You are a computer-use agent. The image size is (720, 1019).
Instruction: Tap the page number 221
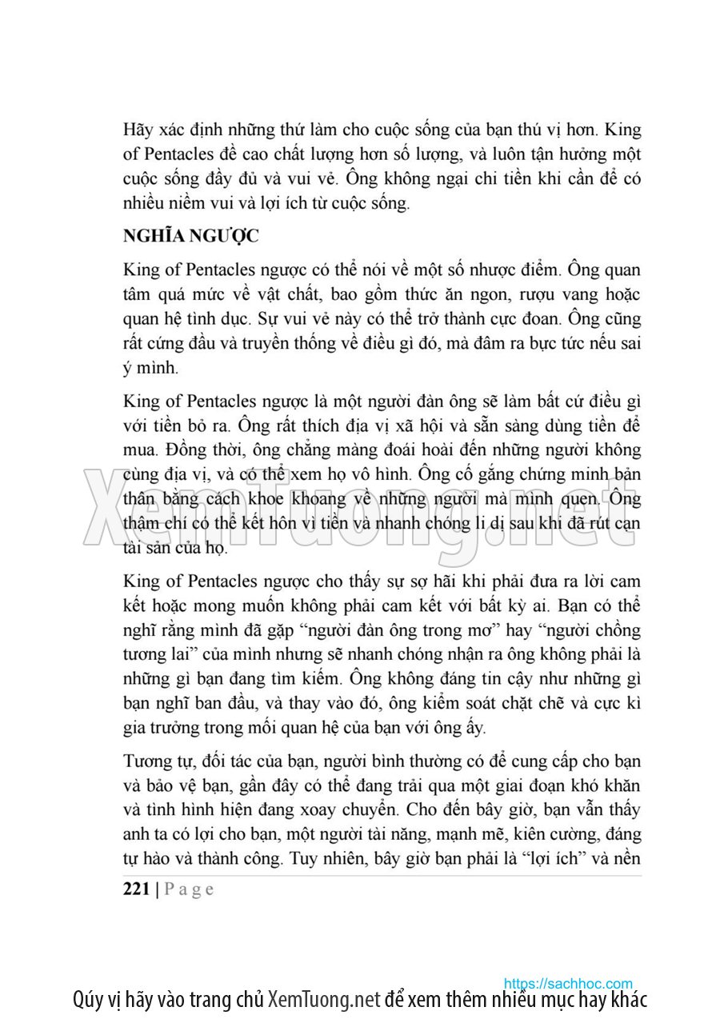136,889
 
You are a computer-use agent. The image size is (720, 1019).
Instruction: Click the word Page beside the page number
189,889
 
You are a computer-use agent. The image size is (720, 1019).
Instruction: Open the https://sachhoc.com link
568,983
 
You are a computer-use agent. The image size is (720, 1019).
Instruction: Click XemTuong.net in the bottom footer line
323,1000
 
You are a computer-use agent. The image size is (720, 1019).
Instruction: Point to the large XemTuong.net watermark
360,508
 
